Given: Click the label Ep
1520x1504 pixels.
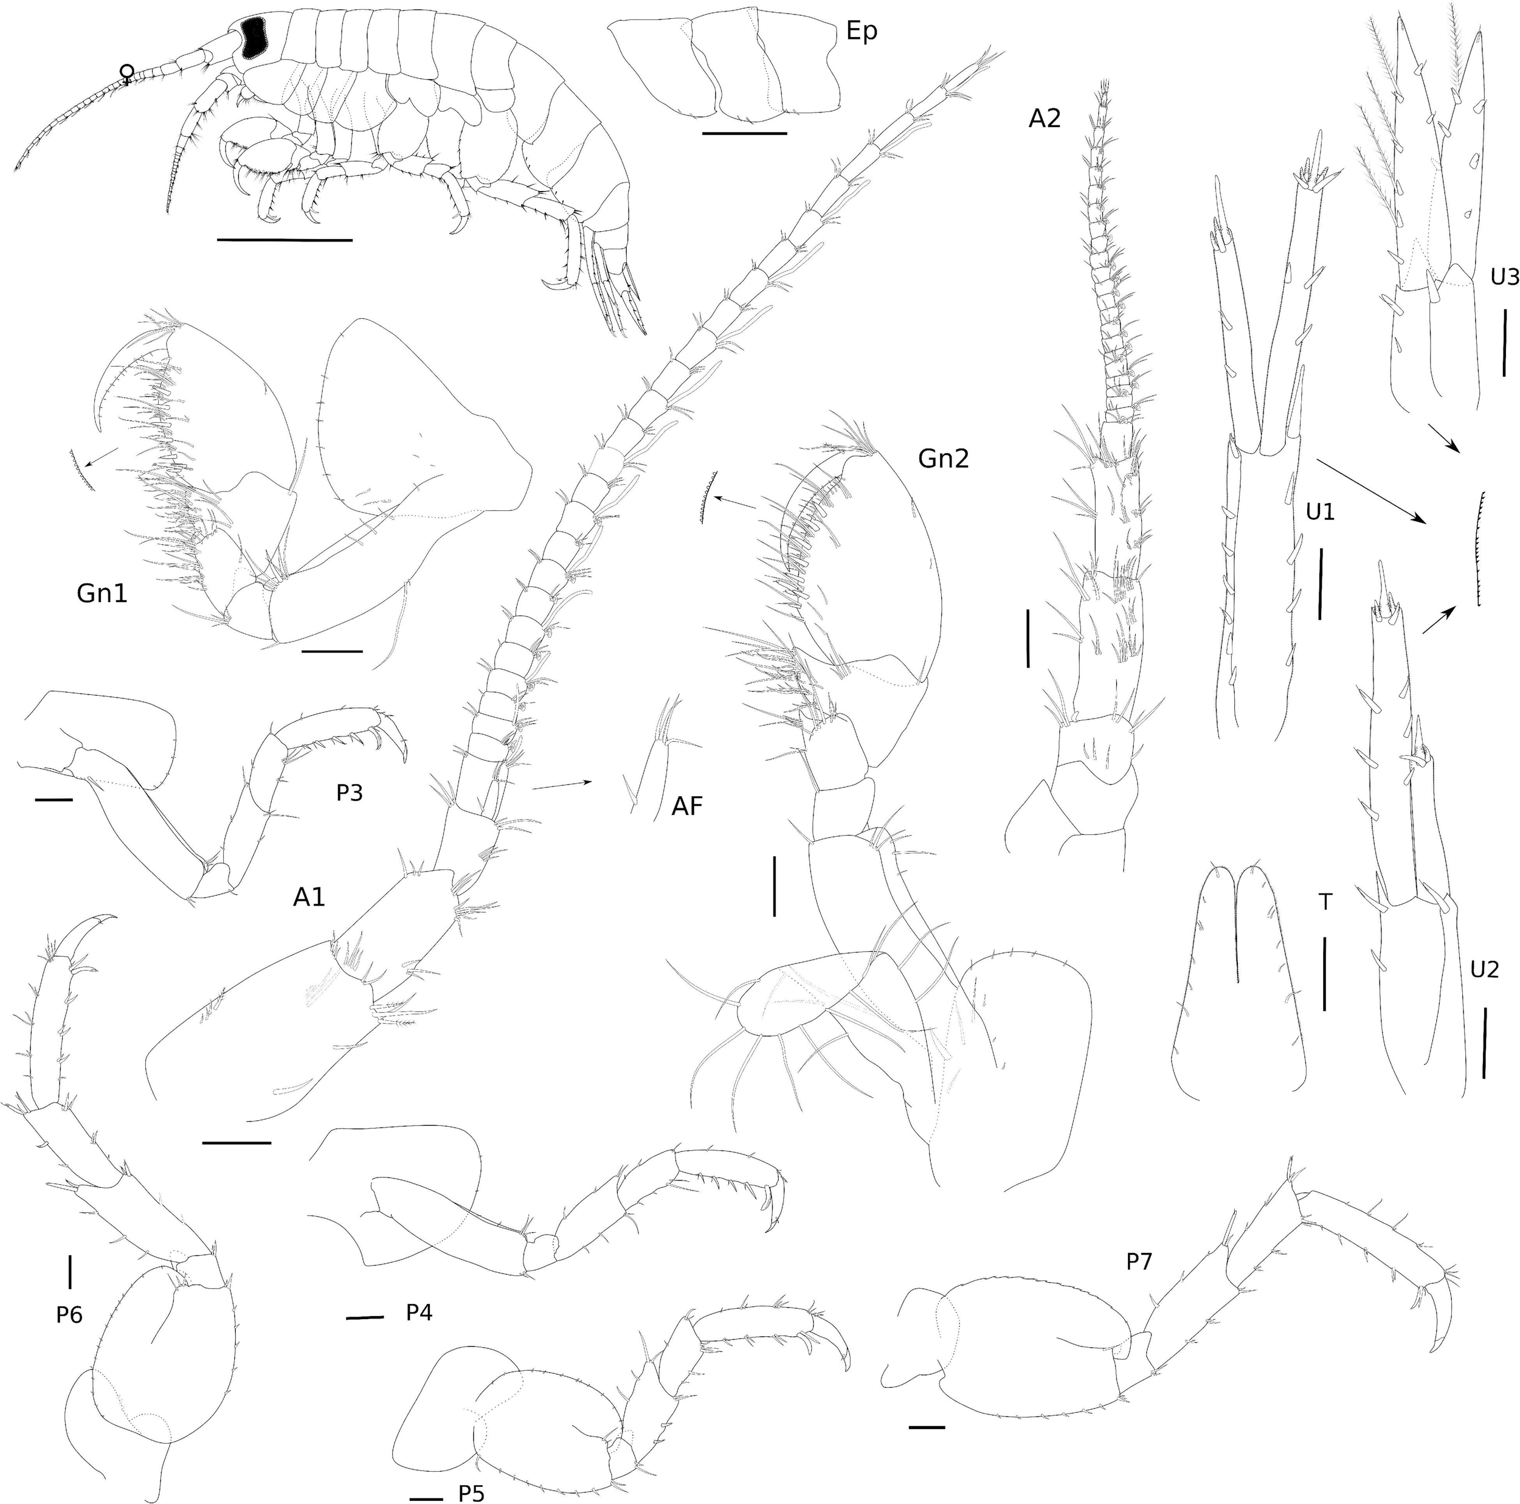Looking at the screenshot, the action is pos(862,33).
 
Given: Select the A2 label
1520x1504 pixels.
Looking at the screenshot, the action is pos(1045,119).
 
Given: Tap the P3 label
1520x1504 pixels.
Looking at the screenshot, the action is pos(350,793).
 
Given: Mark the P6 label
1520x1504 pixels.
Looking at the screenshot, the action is pos(70,1314).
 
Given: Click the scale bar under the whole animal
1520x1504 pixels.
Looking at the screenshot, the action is pos(284,238).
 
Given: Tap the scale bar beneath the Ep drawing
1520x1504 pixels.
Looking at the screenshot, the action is pos(744,134).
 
